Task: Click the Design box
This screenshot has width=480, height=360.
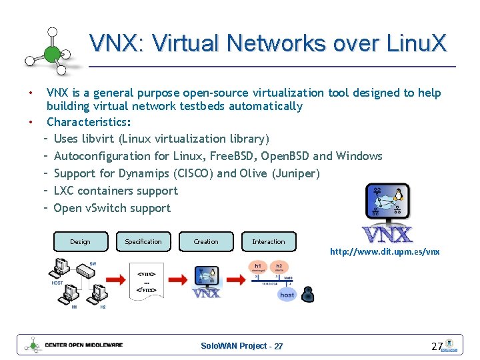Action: tap(81, 241)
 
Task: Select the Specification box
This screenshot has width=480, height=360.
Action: tap(143, 241)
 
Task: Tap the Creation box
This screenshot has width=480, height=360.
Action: tap(206, 241)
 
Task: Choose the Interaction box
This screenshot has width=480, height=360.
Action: tap(269, 241)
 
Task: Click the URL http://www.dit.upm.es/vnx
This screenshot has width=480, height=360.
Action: tap(385, 252)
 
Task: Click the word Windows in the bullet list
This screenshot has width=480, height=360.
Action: tap(359, 156)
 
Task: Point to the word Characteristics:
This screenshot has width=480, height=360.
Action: tap(89, 122)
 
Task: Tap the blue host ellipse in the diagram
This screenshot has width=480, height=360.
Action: tap(287, 294)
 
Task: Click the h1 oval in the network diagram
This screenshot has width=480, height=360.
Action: tap(259, 266)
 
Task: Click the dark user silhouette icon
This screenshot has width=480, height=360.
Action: tap(308, 293)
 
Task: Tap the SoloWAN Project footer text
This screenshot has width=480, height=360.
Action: tap(241, 346)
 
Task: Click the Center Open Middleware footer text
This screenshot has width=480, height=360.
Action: tap(83, 345)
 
